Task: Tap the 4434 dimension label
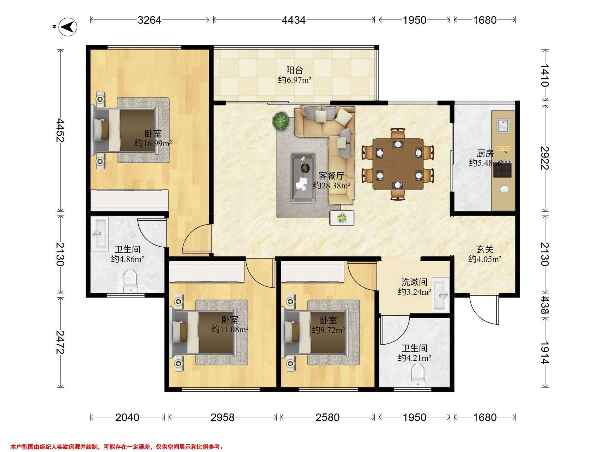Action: pos(294,20)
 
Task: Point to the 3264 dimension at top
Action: pos(149,20)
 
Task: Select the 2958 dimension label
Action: pos(222,417)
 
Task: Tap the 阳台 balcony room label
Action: pos(294,70)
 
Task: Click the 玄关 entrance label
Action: pos(485,249)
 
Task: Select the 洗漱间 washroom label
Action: pos(414,282)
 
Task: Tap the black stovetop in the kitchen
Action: pos(502,170)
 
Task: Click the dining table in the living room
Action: pos(398,164)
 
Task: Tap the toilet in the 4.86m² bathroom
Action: pos(130,281)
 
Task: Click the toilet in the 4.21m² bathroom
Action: pos(418,376)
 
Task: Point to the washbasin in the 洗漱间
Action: pos(440,295)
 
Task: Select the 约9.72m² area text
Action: pos(328,330)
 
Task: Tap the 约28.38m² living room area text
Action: pos(332,186)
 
